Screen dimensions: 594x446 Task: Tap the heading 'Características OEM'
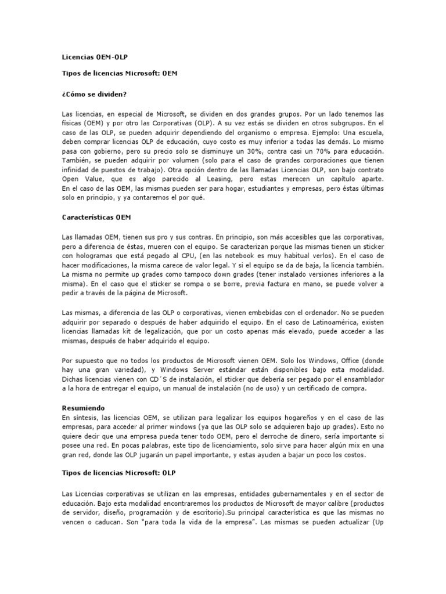click(96, 218)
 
